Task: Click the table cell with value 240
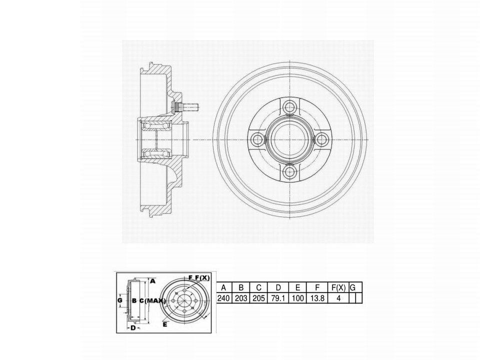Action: (223, 298)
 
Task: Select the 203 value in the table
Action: (241, 298)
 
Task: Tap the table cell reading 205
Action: (258, 298)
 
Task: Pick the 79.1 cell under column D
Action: (278, 298)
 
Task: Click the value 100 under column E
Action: (297, 298)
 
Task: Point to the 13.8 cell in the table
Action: (317, 298)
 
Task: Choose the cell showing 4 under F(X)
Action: (338, 298)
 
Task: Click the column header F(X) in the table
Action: (338, 288)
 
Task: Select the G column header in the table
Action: (352, 288)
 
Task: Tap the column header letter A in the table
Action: (223, 288)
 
